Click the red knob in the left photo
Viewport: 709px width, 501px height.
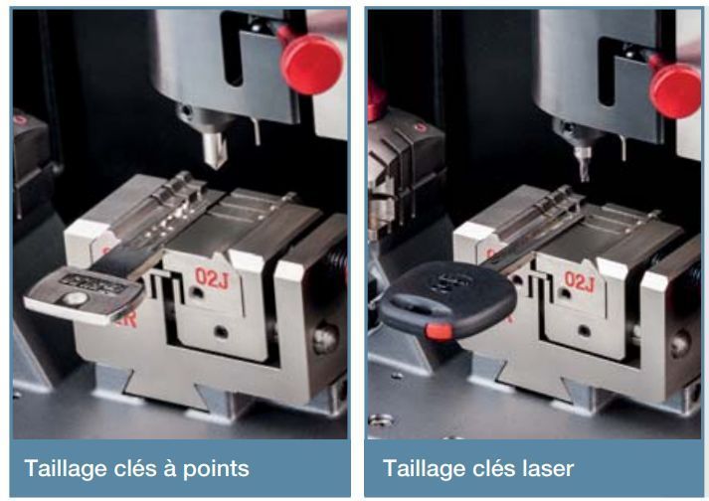click(x=311, y=65)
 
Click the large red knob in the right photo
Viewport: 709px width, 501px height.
click(x=675, y=90)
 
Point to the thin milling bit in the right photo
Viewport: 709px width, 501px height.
click(x=583, y=165)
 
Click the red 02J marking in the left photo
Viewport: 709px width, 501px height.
click(x=213, y=276)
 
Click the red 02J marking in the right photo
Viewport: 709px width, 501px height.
click(x=579, y=281)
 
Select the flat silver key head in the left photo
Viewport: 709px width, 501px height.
click(x=85, y=295)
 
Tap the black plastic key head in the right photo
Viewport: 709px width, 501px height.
click(x=447, y=299)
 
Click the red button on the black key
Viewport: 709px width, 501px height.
click(x=438, y=331)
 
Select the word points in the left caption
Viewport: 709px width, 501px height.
click(x=216, y=469)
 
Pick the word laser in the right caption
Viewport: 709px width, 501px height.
click(x=548, y=468)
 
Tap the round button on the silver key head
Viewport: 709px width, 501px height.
click(x=75, y=298)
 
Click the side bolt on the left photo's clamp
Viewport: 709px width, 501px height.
click(x=324, y=338)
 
